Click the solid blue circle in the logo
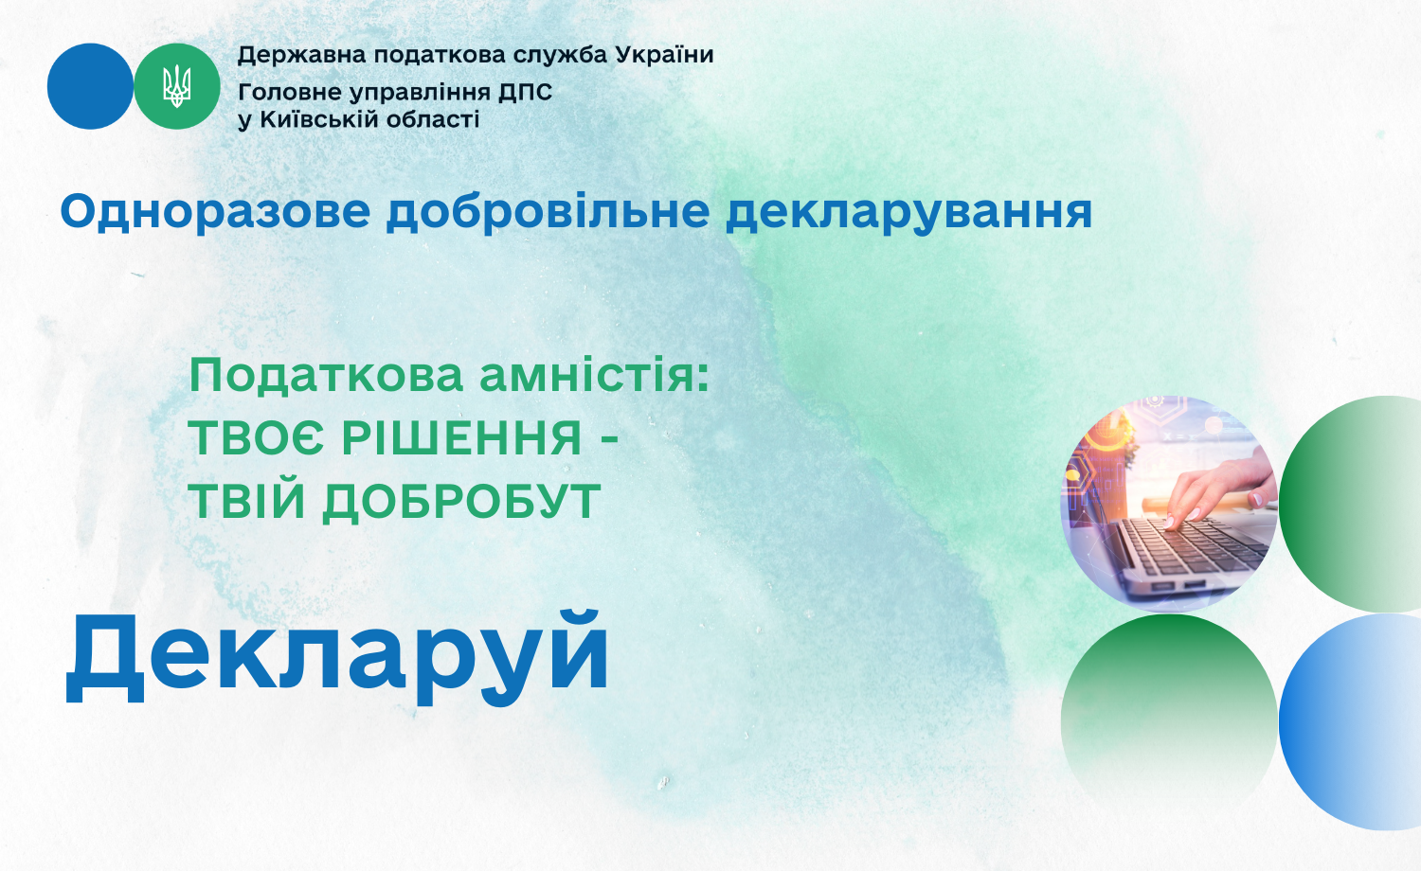tap(90, 86)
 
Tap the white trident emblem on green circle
tap(177, 86)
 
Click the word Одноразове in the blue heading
tap(215, 212)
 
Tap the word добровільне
tap(549, 212)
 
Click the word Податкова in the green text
tap(326, 376)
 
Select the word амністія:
tap(594, 377)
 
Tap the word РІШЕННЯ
tap(462, 438)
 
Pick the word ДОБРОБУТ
tap(461, 502)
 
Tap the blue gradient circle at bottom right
tap(1350, 722)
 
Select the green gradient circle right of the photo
tap(1350, 504)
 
